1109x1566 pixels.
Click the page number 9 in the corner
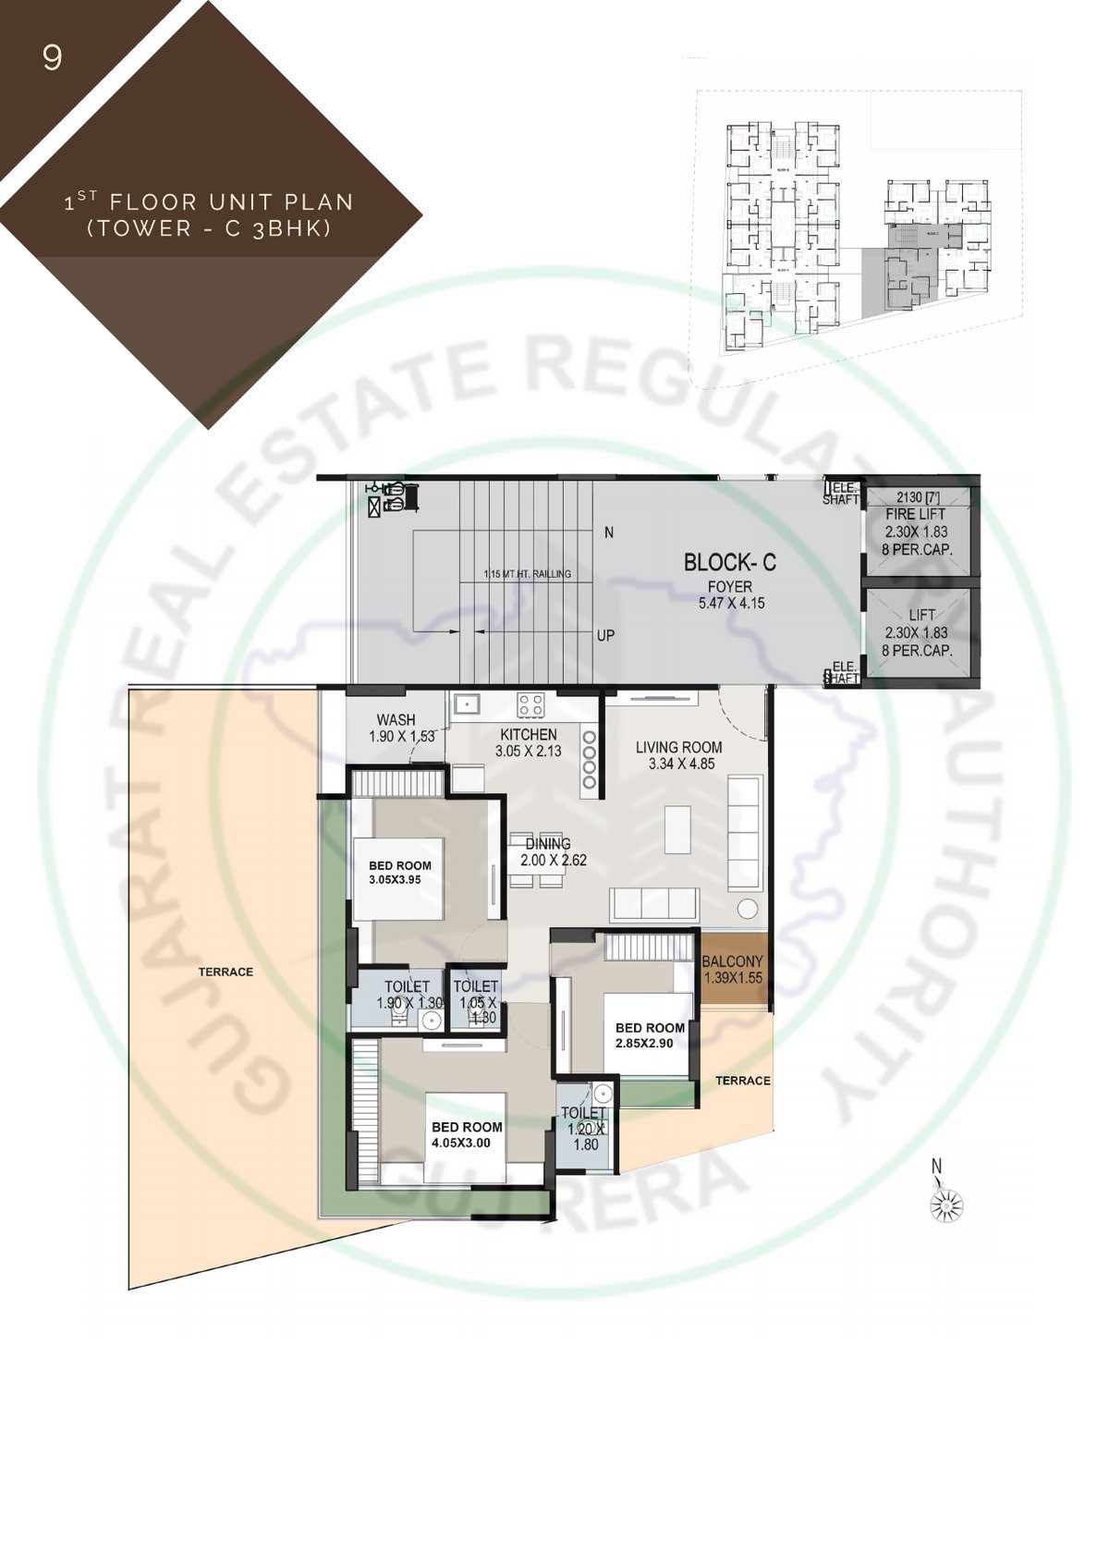click(x=53, y=58)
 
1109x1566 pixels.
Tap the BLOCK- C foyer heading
click(x=729, y=562)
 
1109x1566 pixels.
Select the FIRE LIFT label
click(x=914, y=514)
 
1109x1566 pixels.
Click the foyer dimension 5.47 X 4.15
click(x=731, y=604)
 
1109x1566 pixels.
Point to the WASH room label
click(x=396, y=719)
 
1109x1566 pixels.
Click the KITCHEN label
click(x=529, y=734)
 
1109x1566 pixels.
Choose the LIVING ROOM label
click(x=678, y=747)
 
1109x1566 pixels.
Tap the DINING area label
click(x=548, y=843)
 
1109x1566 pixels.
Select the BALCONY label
click(x=732, y=961)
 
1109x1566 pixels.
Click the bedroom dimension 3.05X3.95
click(x=395, y=880)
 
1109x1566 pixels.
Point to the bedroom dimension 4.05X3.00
click(x=460, y=1144)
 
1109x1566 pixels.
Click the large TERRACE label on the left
click(x=225, y=972)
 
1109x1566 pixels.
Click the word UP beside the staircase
click(x=605, y=635)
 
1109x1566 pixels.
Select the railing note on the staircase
click(x=527, y=574)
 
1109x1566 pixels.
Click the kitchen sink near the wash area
click(x=467, y=705)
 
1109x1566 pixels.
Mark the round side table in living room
click(x=747, y=907)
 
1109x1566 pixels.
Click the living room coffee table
click(x=677, y=829)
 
